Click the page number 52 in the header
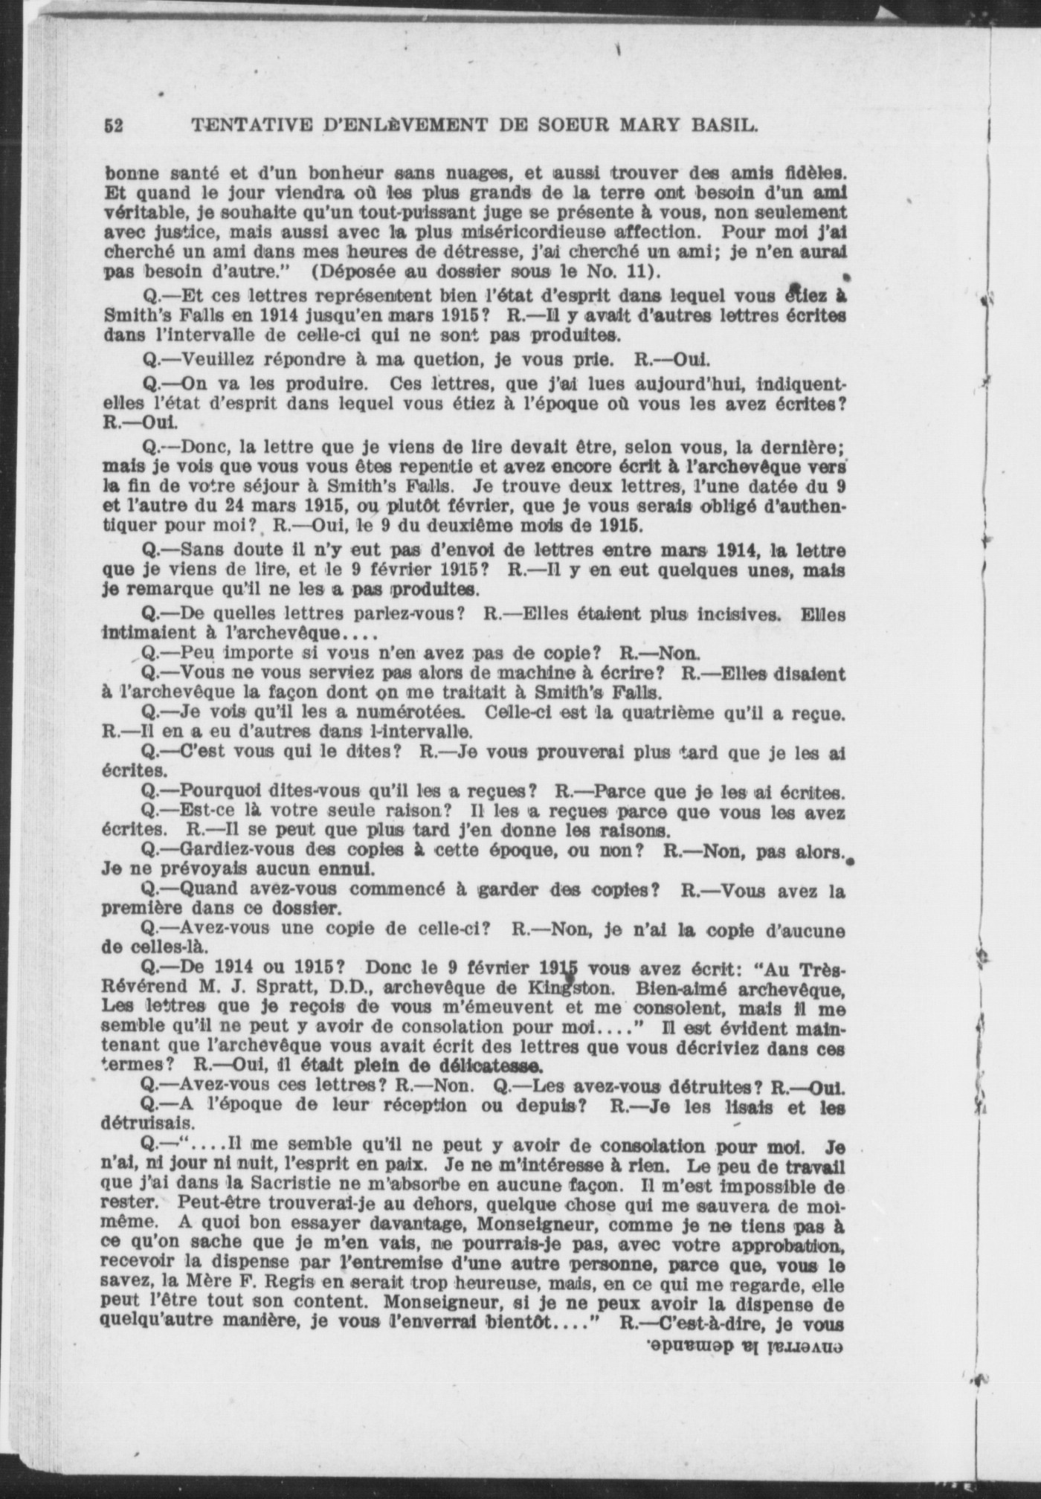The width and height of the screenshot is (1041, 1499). (115, 126)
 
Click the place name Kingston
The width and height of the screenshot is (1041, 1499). (574, 990)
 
